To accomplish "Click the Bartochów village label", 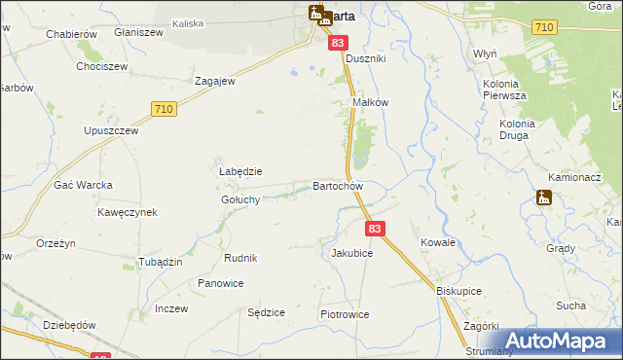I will [338, 186].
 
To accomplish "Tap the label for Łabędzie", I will [239, 171].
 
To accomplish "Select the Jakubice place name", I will [351, 253].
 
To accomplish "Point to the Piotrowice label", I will [345, 315].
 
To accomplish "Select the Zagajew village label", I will [215, 82].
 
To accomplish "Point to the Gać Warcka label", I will [84, 185].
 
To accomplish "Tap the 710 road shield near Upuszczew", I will [164, 110].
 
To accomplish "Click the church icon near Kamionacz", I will [544, 198].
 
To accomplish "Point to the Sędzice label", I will [266, 313].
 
